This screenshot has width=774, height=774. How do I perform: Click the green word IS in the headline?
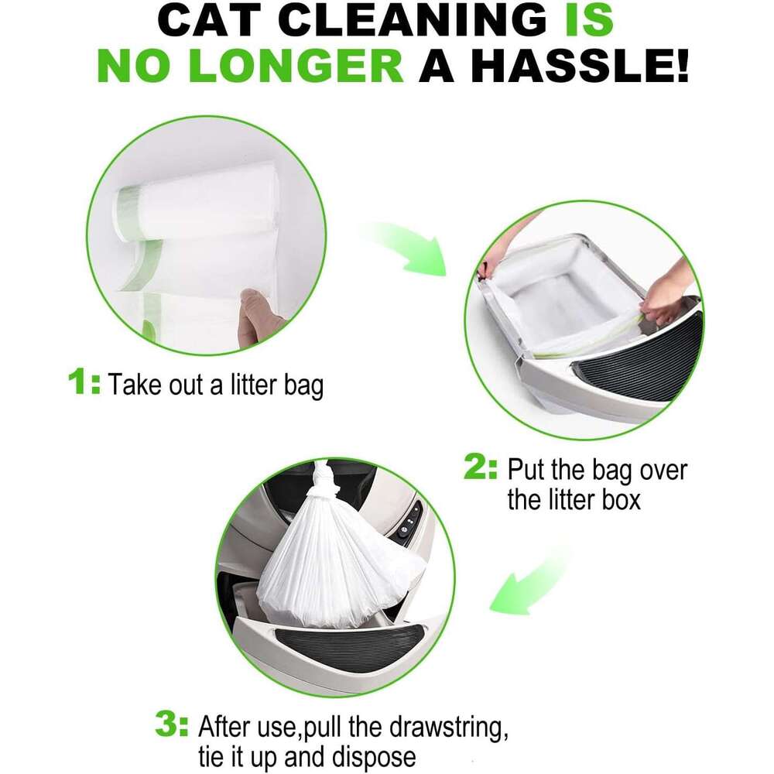tap(589, 20)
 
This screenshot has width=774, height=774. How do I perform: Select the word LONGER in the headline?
tap(296, 67)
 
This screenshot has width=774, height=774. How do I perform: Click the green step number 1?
tap(84, 382)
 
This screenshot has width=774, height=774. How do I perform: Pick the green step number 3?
tap(171, 724)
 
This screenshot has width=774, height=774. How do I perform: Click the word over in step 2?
tap(663, 471)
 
